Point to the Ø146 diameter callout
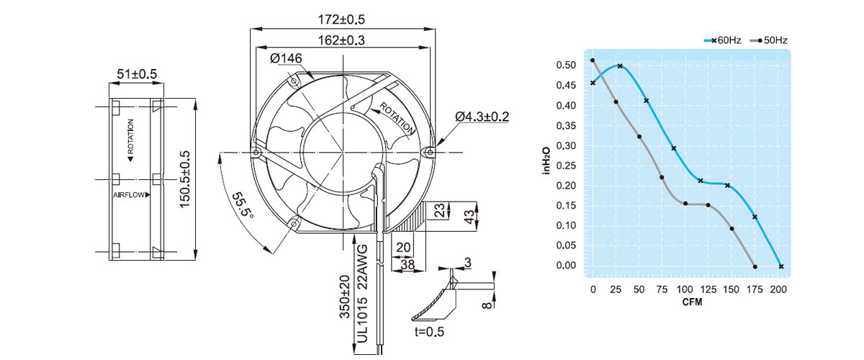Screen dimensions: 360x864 (x=285, y=58)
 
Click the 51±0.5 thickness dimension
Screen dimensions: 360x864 (x=137, y=73)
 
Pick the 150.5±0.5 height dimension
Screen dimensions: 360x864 (x=185, y=179)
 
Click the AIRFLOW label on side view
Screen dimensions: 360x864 (x=130, y=195)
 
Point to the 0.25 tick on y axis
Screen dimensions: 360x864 (x=566, y=166)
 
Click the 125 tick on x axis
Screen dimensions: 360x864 (x=709, y=289)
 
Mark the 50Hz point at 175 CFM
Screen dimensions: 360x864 (x=755, y=267)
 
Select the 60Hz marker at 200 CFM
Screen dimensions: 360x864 (x=781, y=267)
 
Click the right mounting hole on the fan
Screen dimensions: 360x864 (x=429, y=152)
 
